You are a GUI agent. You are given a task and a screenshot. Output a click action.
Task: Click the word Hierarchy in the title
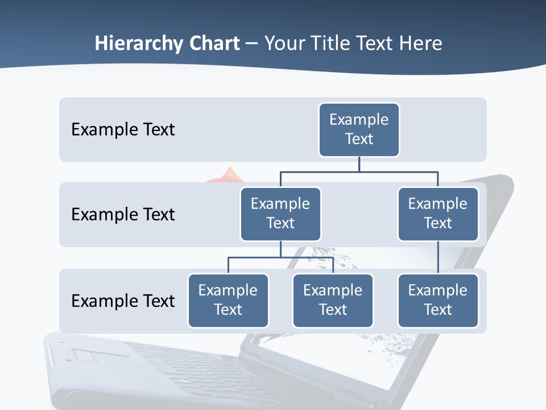[x=139, y=44]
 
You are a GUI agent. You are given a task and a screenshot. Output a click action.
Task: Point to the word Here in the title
[x=420, y=44]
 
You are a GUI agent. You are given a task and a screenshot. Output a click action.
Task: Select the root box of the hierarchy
[x=359, y=129]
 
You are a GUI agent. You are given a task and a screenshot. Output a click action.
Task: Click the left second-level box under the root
[x=280, y=214]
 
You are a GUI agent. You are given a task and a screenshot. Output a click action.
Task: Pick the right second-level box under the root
[x=438, y=214]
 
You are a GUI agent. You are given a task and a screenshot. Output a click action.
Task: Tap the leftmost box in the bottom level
[x=228, y=300]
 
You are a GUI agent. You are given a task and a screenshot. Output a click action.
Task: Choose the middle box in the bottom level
[x=333, y=300]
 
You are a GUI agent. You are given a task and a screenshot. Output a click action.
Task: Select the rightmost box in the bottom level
[x=438, y=300]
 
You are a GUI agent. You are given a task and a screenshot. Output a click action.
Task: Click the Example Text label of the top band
[x=123, y=130]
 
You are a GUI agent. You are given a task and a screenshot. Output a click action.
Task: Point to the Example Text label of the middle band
[x=123, y=215]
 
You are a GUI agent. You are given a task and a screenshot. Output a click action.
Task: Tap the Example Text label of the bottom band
[x=123, y=301]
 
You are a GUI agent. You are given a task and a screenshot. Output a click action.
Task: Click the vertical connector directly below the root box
[x=359, y=164]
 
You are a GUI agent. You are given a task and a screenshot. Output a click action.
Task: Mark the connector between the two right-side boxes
[x=438, y=257]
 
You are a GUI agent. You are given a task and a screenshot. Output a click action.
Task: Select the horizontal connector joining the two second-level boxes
[x=359, y=171]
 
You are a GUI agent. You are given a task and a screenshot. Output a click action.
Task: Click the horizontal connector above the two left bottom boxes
[x=280, y=257]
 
